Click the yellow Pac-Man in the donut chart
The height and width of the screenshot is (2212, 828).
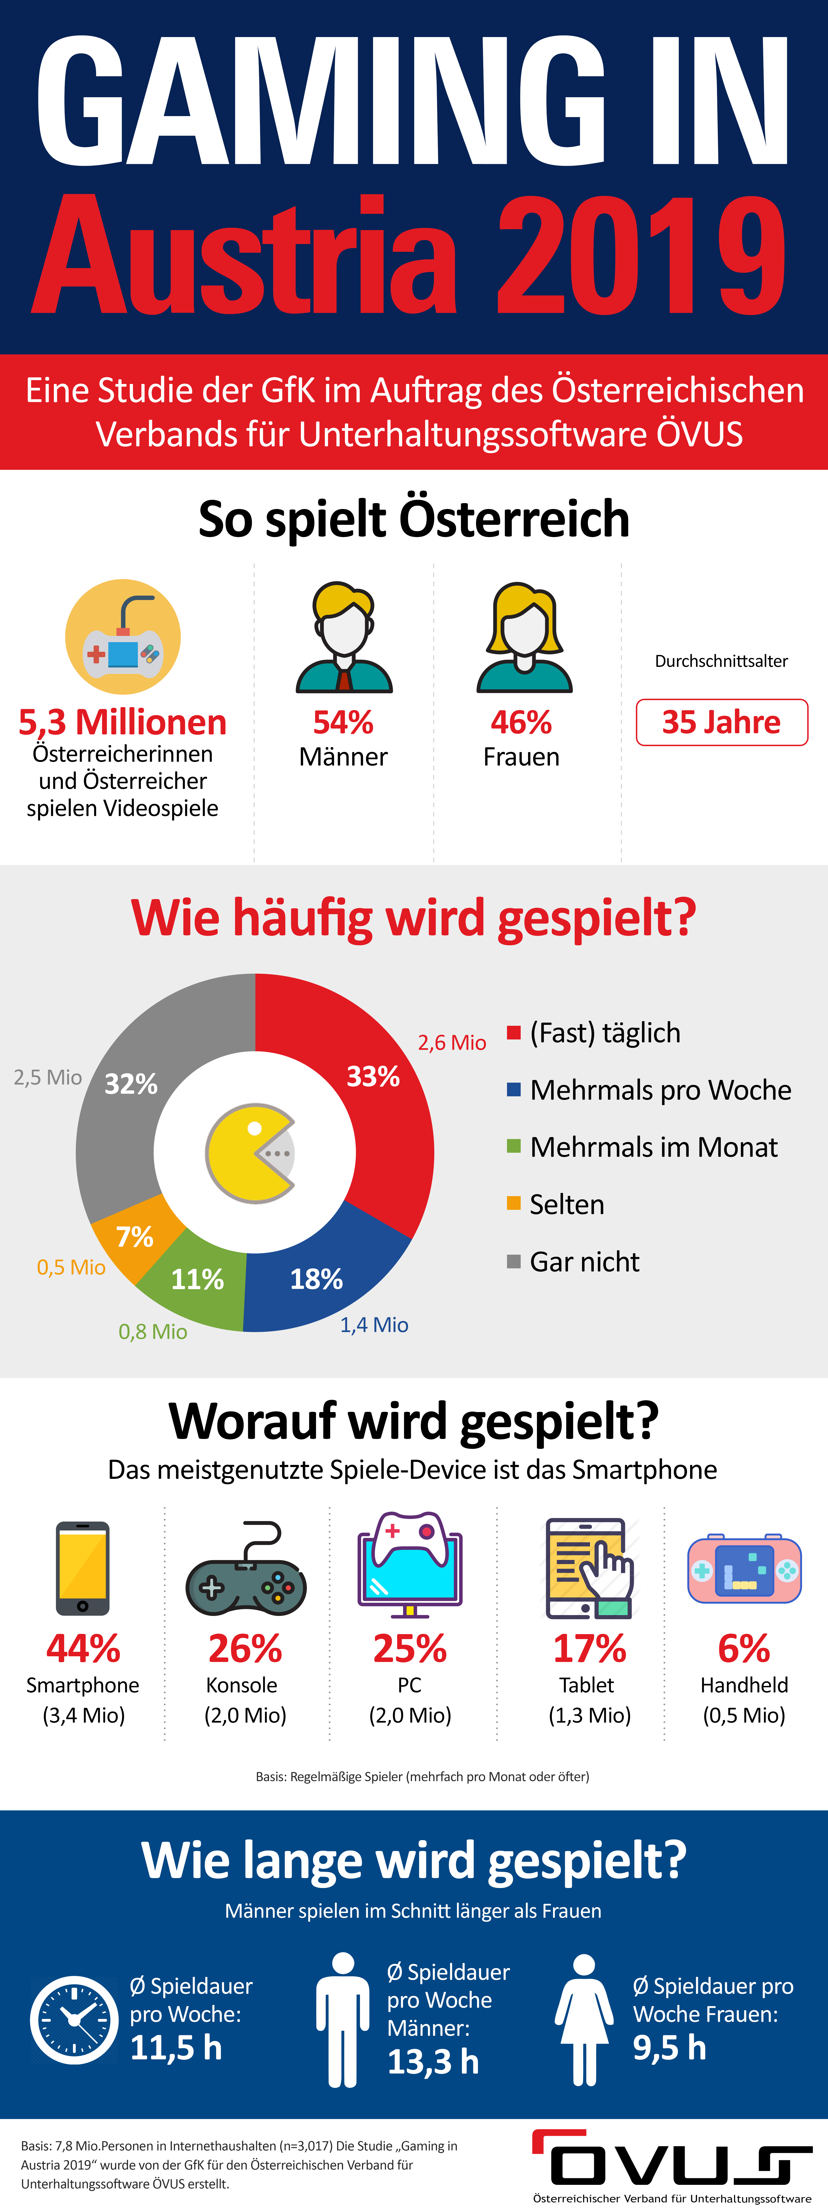(249, 1153)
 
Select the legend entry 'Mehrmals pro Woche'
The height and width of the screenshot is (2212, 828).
(660, 1090)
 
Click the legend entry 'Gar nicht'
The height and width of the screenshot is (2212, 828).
(584, 1262)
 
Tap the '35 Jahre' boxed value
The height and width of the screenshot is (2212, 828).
(722, 722)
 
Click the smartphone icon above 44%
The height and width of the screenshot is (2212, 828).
(82, 1568)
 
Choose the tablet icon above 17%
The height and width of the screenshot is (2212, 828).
(589, 1568)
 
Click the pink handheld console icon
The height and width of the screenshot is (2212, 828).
(744, 1570)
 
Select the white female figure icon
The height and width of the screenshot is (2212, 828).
(584, 2020)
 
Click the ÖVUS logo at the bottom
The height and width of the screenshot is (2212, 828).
(672, 2164)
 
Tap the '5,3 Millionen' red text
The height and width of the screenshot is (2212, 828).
(123, 722)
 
